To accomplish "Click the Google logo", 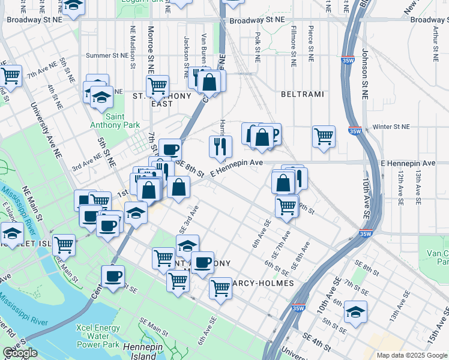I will point(20,353).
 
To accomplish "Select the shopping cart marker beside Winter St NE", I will point(324,136).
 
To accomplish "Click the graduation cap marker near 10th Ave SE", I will point(356,312).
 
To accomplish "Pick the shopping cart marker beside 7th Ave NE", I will point(10,76).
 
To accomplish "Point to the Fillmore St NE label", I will point(294,46).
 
